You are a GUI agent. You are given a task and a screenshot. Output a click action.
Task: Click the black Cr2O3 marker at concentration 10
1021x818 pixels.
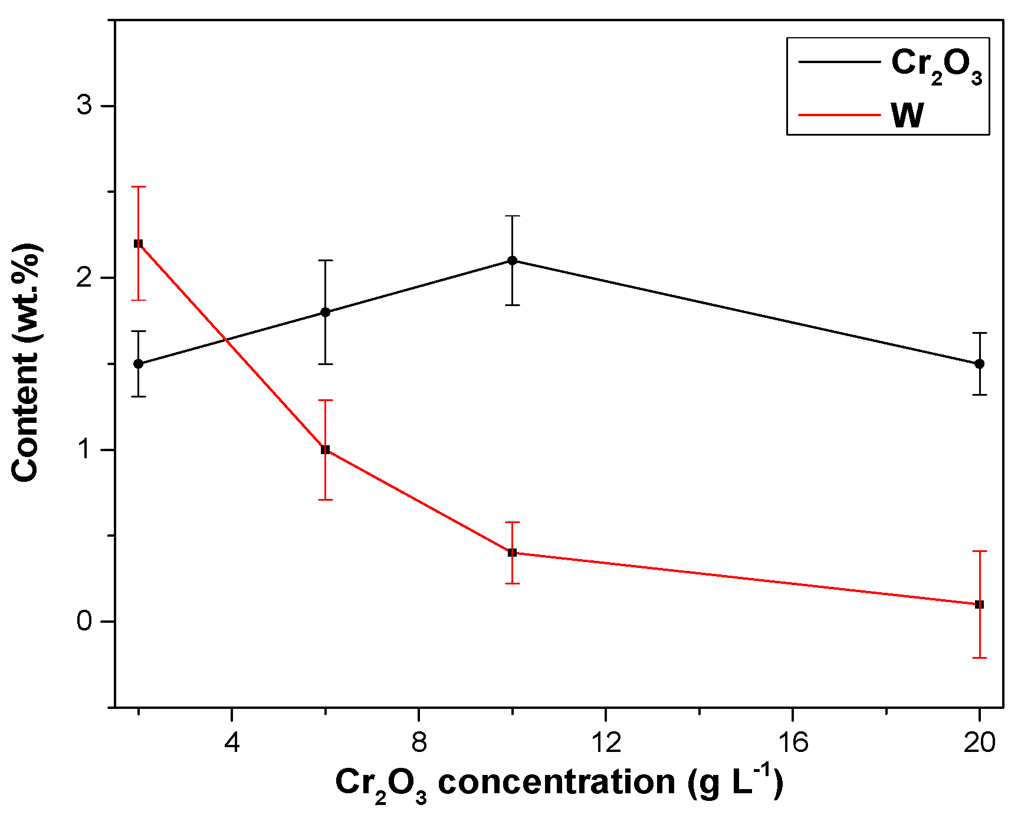513,261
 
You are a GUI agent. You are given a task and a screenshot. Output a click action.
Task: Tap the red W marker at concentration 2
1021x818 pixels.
139,244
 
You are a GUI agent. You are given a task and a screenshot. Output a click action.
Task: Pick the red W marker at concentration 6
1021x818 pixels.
325,450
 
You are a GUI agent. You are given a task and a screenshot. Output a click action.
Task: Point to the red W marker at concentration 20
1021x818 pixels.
980,605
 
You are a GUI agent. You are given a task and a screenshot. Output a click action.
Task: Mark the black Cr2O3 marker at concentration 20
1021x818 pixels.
980,364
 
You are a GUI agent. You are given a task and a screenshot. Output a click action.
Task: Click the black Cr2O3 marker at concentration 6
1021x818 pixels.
325,312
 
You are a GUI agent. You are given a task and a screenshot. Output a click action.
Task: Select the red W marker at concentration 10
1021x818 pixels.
513,553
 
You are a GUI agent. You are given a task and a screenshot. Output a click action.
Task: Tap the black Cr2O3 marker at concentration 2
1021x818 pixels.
139,364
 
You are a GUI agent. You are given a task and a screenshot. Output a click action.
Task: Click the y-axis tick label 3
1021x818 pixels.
86,106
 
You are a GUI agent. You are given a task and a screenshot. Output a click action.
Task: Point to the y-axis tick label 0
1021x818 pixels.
86,622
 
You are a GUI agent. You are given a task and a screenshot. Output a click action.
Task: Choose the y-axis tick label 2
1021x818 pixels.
86,278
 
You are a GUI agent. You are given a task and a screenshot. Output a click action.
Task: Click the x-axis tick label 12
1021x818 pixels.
606,743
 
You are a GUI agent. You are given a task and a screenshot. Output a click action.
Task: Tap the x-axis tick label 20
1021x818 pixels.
980,743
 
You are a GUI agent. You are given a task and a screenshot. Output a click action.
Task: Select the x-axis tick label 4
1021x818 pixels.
232,743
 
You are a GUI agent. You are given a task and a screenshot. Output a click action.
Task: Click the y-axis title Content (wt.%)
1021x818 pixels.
26,363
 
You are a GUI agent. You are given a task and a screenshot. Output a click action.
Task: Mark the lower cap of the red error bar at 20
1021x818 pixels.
980,658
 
